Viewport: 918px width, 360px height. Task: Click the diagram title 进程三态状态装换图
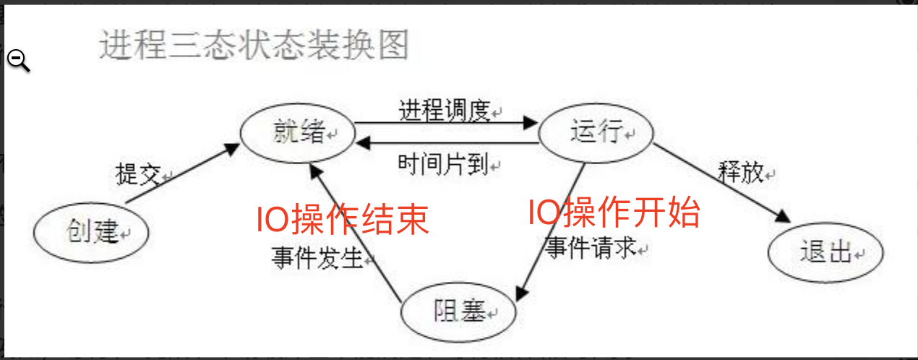254,46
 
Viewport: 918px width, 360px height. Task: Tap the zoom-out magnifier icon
19,61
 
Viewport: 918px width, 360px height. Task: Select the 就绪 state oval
298,134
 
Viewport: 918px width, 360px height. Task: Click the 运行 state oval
596,134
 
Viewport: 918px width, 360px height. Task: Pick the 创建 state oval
91,233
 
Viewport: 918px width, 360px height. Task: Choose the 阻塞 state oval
460,312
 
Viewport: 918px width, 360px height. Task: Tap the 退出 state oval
825,253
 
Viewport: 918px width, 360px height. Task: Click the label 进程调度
445,111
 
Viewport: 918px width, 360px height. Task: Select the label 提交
137,175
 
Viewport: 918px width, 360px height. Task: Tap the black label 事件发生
317,257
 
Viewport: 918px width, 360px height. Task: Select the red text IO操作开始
614,213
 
